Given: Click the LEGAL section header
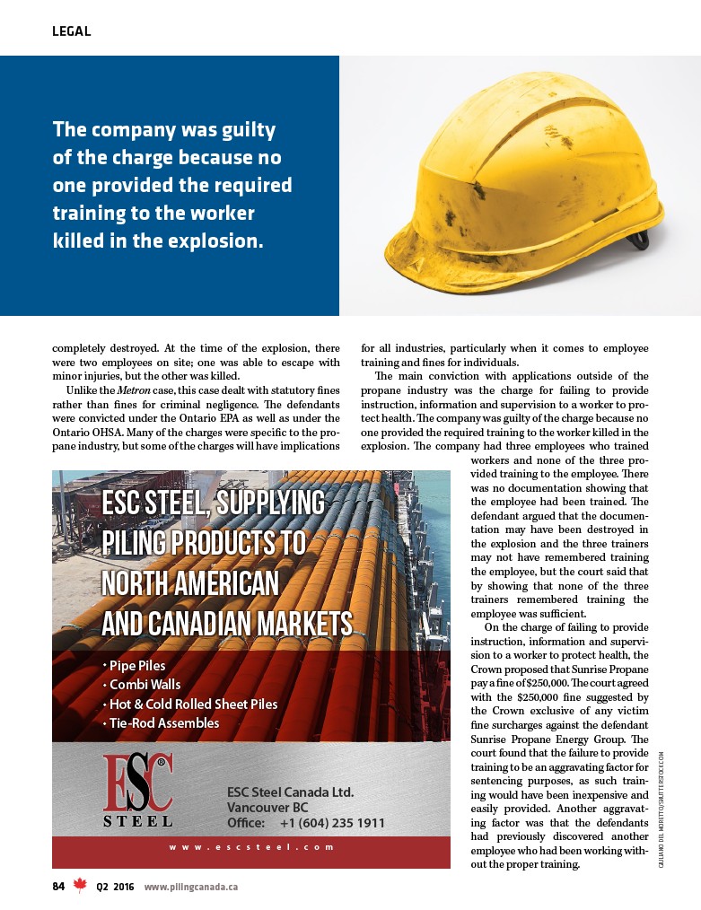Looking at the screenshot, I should [72, 31].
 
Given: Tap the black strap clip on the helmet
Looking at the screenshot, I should [639, 239].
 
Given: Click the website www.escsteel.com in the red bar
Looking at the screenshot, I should [250, 846].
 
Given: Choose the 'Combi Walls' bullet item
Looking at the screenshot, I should [145, 685].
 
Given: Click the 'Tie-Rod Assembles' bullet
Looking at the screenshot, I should [164, 722].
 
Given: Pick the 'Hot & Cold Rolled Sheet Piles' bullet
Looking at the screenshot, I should [193, 704].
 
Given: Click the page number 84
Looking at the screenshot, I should [58, 887].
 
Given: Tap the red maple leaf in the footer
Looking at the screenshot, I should [80, 886].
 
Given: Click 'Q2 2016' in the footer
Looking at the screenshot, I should [114, 887].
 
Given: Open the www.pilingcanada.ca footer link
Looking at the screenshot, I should [190, 887].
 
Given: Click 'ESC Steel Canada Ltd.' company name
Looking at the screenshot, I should [291, 792].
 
